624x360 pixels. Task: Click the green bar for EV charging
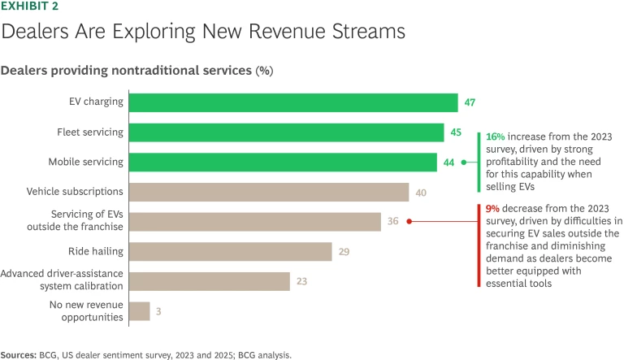[x=293, y=102]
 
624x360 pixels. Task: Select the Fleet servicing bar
[x=287, y=132]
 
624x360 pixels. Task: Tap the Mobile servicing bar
[x=283, y=162]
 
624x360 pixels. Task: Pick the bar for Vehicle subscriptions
[x=269, y=192]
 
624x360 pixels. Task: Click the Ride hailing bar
[x=231, y=251]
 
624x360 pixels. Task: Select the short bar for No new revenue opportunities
[x=140, y=310]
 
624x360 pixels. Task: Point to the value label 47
[x=470, y=102]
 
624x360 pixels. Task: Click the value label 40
[x=421, y=192]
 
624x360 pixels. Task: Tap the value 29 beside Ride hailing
[x=344, y=252]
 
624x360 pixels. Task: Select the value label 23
[x=302, y=281]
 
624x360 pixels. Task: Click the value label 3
[x=159, y=311]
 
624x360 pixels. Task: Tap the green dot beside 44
[x=464, y=162]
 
